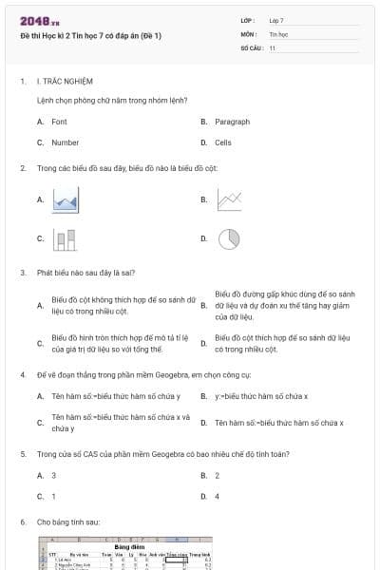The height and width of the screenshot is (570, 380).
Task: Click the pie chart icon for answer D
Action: [x=228, y=239]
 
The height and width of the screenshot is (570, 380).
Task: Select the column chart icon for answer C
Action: [x=65, y=239]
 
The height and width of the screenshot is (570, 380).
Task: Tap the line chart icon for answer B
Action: [x=228, y=199]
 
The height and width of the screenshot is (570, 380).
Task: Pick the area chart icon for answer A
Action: [x=65, y=199]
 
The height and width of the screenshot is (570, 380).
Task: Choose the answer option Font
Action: [x=59, y=122]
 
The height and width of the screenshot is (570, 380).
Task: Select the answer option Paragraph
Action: [x=232, y=122]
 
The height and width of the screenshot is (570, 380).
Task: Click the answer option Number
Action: [x=65, y=142]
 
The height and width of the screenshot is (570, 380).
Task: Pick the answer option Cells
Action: [x=222, y=142]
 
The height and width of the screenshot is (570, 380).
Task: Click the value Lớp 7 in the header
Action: [x=276, y=20]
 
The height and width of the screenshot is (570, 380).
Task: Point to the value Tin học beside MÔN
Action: [x=278, y=33]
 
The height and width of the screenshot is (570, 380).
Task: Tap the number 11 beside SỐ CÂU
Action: [x=273, y=47]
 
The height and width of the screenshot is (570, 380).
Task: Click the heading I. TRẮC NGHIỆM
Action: [x=62, y=82]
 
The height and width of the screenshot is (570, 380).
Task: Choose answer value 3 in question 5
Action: [x=53, y=475]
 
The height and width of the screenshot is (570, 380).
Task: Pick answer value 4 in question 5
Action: [x=217, y=496]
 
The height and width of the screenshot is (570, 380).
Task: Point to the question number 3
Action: [x=22, y=273]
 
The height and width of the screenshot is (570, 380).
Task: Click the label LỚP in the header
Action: [x=248, y=20]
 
